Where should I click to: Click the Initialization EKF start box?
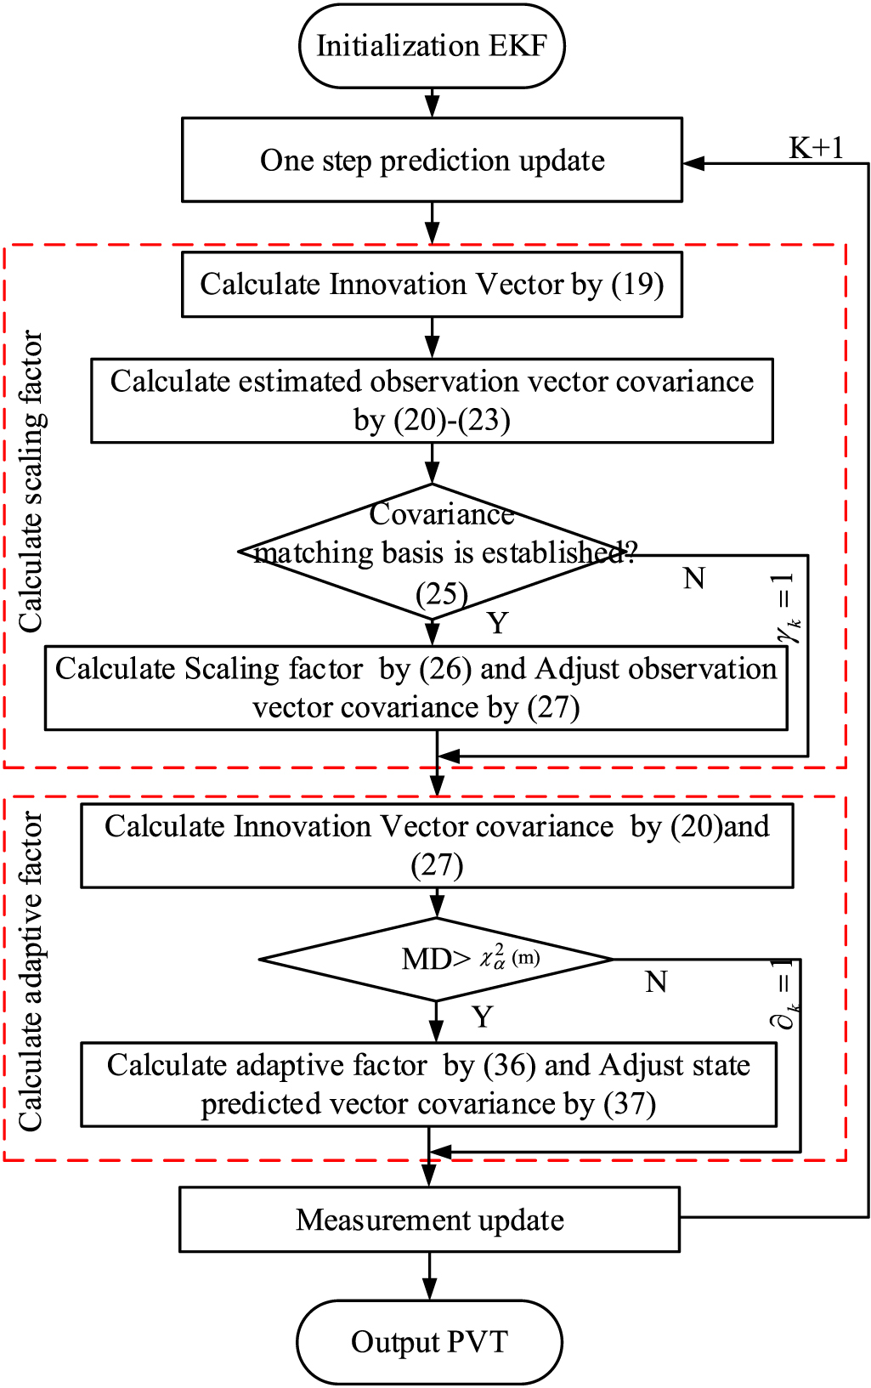coord(432,46)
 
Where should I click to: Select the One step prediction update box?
coord(432,160)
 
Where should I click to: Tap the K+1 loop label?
coord(816,148)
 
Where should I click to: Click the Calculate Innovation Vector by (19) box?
coord(432,285)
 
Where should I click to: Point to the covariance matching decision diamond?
coord(433,552)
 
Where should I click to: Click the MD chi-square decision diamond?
coord(436,960)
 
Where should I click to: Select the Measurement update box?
coord(429,1220)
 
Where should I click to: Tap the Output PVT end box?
coord(429,1341)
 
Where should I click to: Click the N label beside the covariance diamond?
coord(694,579)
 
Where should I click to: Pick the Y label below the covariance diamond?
coord(497,623)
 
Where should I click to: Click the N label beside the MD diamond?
coord(656,982)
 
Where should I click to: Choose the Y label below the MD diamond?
coord(483,1017)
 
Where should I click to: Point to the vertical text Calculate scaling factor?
coord(31,481)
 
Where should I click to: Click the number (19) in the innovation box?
coord(637,285)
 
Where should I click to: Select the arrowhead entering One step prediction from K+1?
coord(693,163)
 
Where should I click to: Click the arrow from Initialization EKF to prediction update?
coord(433,103)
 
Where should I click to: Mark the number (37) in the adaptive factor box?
coord(630,1105)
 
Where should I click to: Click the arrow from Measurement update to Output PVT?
coord(429,1276)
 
